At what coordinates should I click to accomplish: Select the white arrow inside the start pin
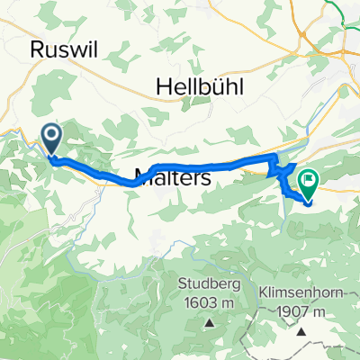(51, 138)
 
